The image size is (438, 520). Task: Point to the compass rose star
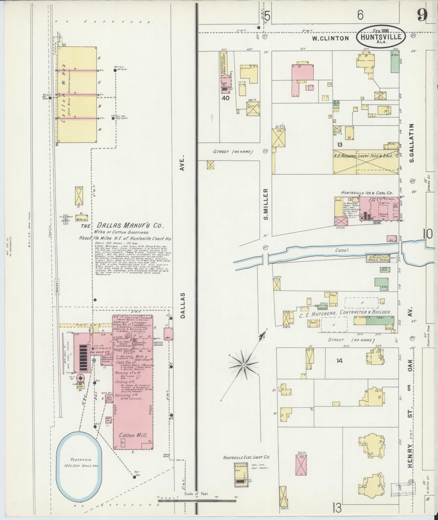(x=244, y=365)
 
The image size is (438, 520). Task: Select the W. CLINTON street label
(x=330, y=38)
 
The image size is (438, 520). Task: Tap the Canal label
(x=342, y=250)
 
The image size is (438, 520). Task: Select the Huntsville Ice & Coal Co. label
(x=367, y=193)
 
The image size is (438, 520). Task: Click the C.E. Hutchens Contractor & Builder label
(x=345, y=313)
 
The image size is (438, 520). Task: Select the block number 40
(x=226, y=98)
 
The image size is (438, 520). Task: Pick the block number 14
(x=339, y=361)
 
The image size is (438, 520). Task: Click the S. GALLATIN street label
(x=412, y=143)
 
